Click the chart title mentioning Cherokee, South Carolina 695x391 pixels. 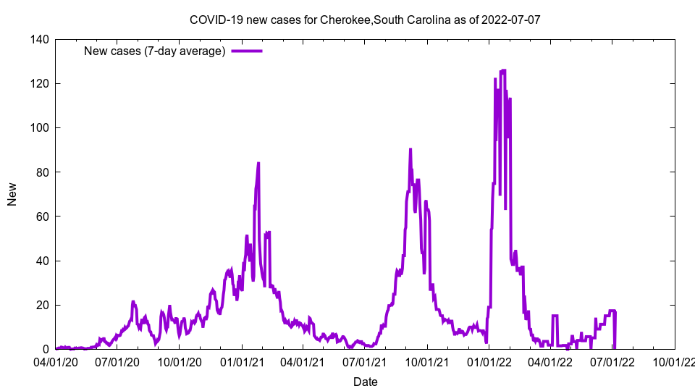[365, 20]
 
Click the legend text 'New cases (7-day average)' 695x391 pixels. [155, 51]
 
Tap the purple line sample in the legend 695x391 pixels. [247, 51]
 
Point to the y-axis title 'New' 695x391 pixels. [12, 194]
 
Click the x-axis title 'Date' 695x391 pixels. [365, 382]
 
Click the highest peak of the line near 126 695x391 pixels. [503, 70]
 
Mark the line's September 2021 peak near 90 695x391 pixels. [410, 149]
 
